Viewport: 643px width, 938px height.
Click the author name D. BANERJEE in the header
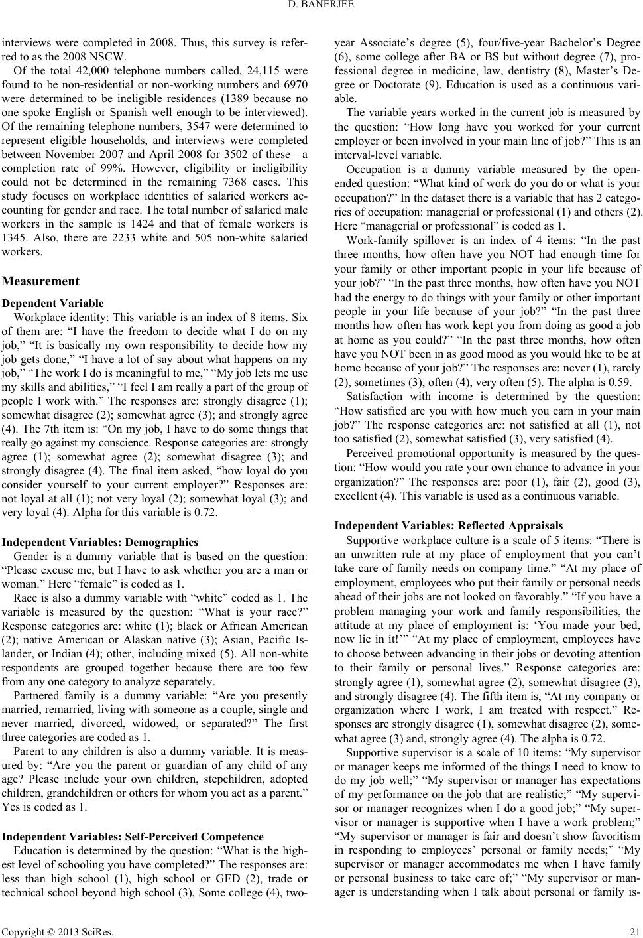click(321, 8)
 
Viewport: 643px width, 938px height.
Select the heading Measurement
click(41, 281)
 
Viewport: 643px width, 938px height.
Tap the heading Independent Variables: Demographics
click(101, 541)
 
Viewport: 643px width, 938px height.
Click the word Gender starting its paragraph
click(32, 556)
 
